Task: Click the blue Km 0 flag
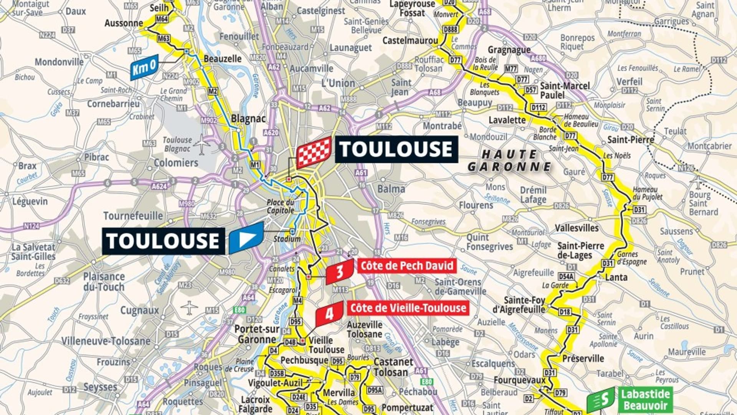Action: [x=144, y=67]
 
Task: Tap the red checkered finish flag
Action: [x=314, y=152]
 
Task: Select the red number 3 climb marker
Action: [x=339, y=271]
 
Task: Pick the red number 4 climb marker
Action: [x=329, y=314]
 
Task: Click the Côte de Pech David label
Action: [x=407, y=266]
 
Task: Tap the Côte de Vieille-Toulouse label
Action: [x=408, y=308]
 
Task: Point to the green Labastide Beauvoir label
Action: [x=645, y=400]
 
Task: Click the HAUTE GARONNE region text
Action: [x=509, y=160]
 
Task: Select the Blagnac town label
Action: [x=248, y=119]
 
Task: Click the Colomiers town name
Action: [x=176, y=163]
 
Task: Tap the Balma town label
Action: [x=391, y=189]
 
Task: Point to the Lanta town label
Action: [x=616, y=277]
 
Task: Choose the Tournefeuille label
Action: [x=133, y=216]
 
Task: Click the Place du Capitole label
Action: [x=281, y=206]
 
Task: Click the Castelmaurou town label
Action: [x=410, y=40]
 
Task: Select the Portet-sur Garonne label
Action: [x=256, y=334]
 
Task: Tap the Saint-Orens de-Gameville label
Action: [x=460, y=287]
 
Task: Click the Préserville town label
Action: [x=583, y=359]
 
